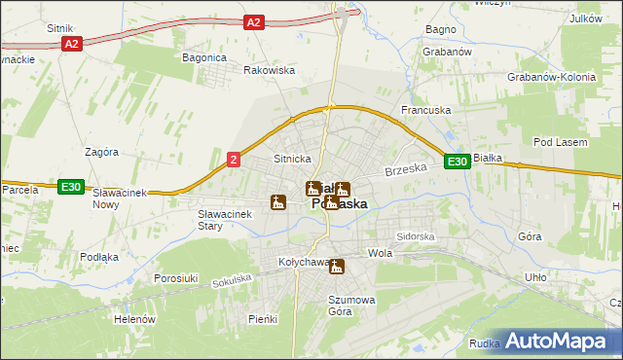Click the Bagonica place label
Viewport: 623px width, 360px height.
point(204,57)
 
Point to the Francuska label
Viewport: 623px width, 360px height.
point(426,111)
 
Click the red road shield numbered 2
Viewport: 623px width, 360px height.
point(233,160)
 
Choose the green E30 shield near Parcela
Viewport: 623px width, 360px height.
point(69,187)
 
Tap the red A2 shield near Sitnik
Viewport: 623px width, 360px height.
point(71,44)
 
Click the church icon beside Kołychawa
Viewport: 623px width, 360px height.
point(337,267)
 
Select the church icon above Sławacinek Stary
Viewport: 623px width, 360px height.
point(278,203)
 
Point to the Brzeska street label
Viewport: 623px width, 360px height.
point(406,169)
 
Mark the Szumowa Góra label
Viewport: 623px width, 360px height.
point(351,306)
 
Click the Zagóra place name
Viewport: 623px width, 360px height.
point(101,152)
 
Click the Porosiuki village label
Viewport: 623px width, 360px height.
point(176,278)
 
